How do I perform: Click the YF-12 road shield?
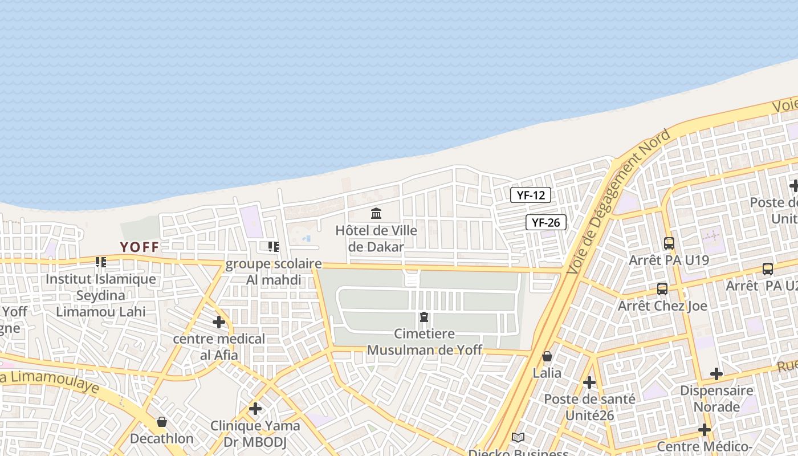pyautogui.click(x=531, y=195)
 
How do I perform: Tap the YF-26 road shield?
pyautogui.click(x=546, y=222)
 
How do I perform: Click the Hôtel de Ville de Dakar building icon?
pyautogui.click(x=376, y=214)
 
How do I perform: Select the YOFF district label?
pyautogui.click(x=140, y=247)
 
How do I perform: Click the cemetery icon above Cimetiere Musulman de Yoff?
pyautogui.click(x=424, y=316)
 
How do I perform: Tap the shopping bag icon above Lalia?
pyautogui.click(x=547, y=356)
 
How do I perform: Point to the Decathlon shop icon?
pyautogui.click(x=162, y=422)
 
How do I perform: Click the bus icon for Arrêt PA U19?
pyautogui.click(x=669, y=243)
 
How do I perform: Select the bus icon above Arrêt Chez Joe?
pyautogui.click(x=662, y=288)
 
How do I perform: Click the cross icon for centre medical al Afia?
pyautogui.click(x=219, y=322)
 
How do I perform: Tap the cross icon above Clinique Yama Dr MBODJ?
pyautogui.click(x=255, y=409)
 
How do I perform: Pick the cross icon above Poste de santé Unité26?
pyautogui.click(x=589, y=382)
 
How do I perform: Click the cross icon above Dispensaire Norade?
pyautogui.click(x=716, y=374)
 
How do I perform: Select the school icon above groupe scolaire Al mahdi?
pyautogui.click(x=274, y=247)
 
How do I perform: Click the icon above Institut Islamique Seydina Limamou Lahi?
pyautogui.click(x=101, y=262)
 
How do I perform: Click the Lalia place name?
pyautogui.click(x=547, y=373)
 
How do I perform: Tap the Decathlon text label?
pyautogui.click(x=162, y=439)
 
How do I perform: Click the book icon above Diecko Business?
pyautogui.click(x=518, y=437)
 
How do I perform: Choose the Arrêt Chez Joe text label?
pyautogui.click(x=662, y=306)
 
